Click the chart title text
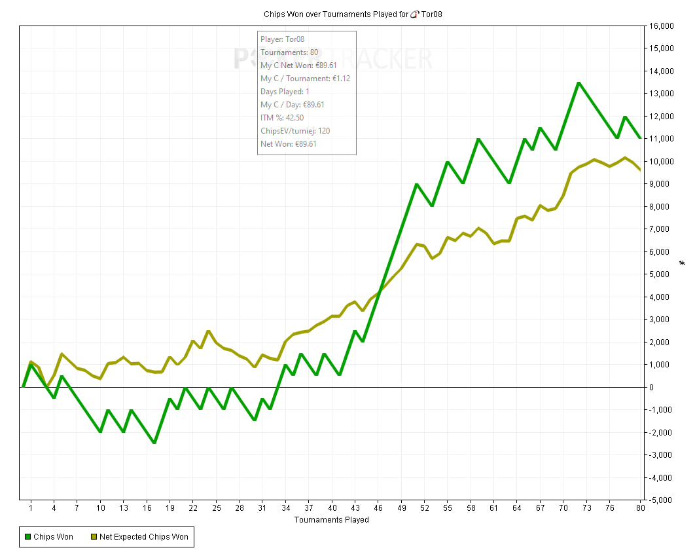point(353,14)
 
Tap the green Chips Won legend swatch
point(28,537)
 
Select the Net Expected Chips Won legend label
point(143,537)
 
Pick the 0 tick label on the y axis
point(652,387)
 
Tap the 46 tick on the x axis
point(378,508)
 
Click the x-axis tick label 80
point(641,508)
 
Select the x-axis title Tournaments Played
point(332,519)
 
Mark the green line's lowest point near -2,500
point(154,443)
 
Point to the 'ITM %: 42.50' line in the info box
point(282,117)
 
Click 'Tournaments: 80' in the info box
point(289,52)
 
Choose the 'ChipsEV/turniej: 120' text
point(295,131)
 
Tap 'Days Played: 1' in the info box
point(285,92)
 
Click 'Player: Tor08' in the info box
point(282,39)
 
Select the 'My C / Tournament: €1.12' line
point(306,79)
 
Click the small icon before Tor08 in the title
point(414,14)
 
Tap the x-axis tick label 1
point(31,508)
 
